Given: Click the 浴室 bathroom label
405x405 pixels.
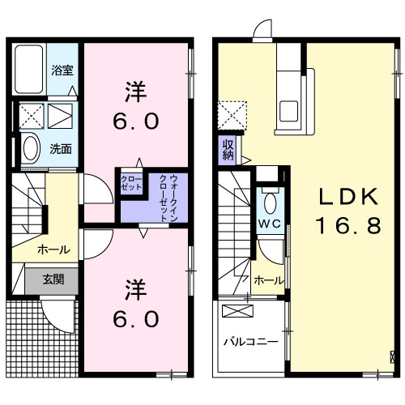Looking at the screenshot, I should [x=62, y=70].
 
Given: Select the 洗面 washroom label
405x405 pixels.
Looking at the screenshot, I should [x=61, y=148].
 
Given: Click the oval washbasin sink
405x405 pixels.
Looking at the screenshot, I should [x=31, y=148].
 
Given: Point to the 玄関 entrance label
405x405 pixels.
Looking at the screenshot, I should [x=53, y=280].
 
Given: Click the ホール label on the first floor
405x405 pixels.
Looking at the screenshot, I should [x=53, y=250].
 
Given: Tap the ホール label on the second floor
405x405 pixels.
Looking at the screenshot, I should [x=269, y=280].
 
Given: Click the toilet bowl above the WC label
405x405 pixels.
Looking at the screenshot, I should [x=270, y=201].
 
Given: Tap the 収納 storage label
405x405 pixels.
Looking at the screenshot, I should [x=228, y=150].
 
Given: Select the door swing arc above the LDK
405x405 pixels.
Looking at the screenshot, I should [x=264, y=30].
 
